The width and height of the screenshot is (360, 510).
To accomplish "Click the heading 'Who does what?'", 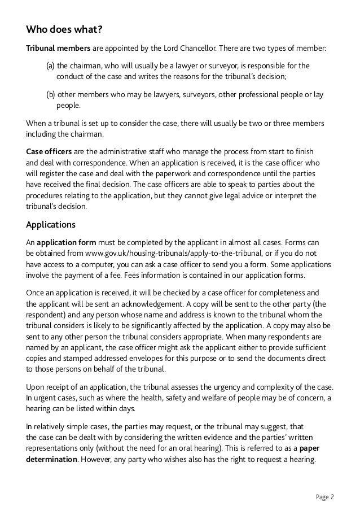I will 59,29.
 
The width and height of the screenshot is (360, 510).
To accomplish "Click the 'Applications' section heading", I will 51,223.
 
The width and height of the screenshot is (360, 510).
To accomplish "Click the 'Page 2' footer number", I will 325,497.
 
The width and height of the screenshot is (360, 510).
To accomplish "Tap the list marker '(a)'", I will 50,66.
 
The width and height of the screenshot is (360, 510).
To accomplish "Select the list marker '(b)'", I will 50,94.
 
